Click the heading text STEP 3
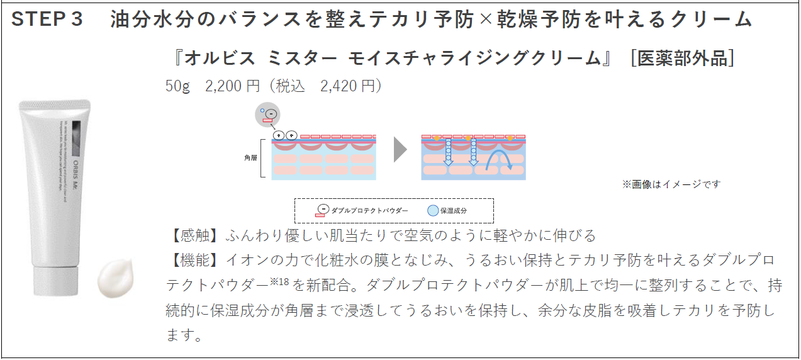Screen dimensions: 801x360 [47, 20]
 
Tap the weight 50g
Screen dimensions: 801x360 [177, 86]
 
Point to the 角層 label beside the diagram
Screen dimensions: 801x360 [251, 158]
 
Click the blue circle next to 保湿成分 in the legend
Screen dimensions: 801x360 [433, 211]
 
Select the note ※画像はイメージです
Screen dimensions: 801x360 [671, 184]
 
